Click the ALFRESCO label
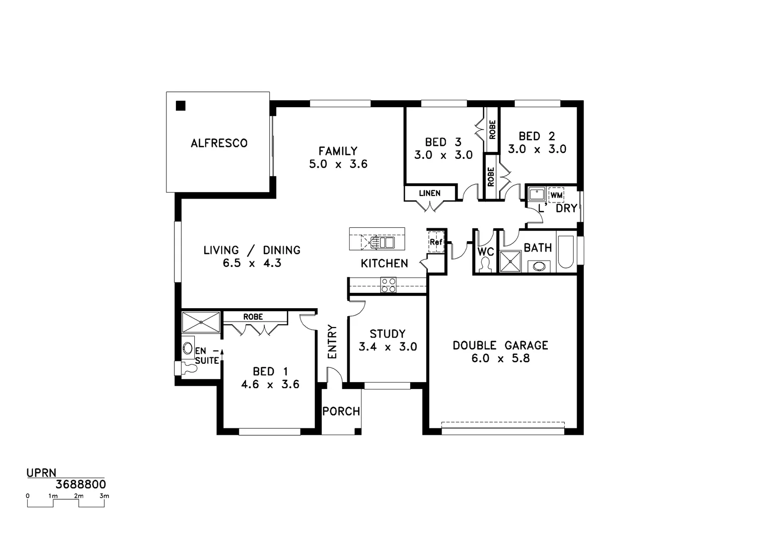tap(219, 143)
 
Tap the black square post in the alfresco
tap(180, 105)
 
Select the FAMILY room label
tap(338, 151)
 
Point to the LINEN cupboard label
tap(429, 193)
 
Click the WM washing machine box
tap(556, 195)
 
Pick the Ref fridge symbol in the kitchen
tap(436, 242)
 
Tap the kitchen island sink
tap(382, 242)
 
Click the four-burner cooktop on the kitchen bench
tap(388, 285)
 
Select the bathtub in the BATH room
tap(565, 252)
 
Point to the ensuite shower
tap(201, 322)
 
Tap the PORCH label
tap(341, 411)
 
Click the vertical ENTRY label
tap(332, 341)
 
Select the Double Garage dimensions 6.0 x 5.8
tap(500, 358)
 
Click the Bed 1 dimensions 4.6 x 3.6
tap(270, 384)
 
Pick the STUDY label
tap(387, 334)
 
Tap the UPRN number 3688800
tap(80, 484)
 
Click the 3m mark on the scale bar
tap(104, 496)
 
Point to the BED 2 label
tap(536, 136)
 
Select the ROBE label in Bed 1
tap(253, 317)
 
